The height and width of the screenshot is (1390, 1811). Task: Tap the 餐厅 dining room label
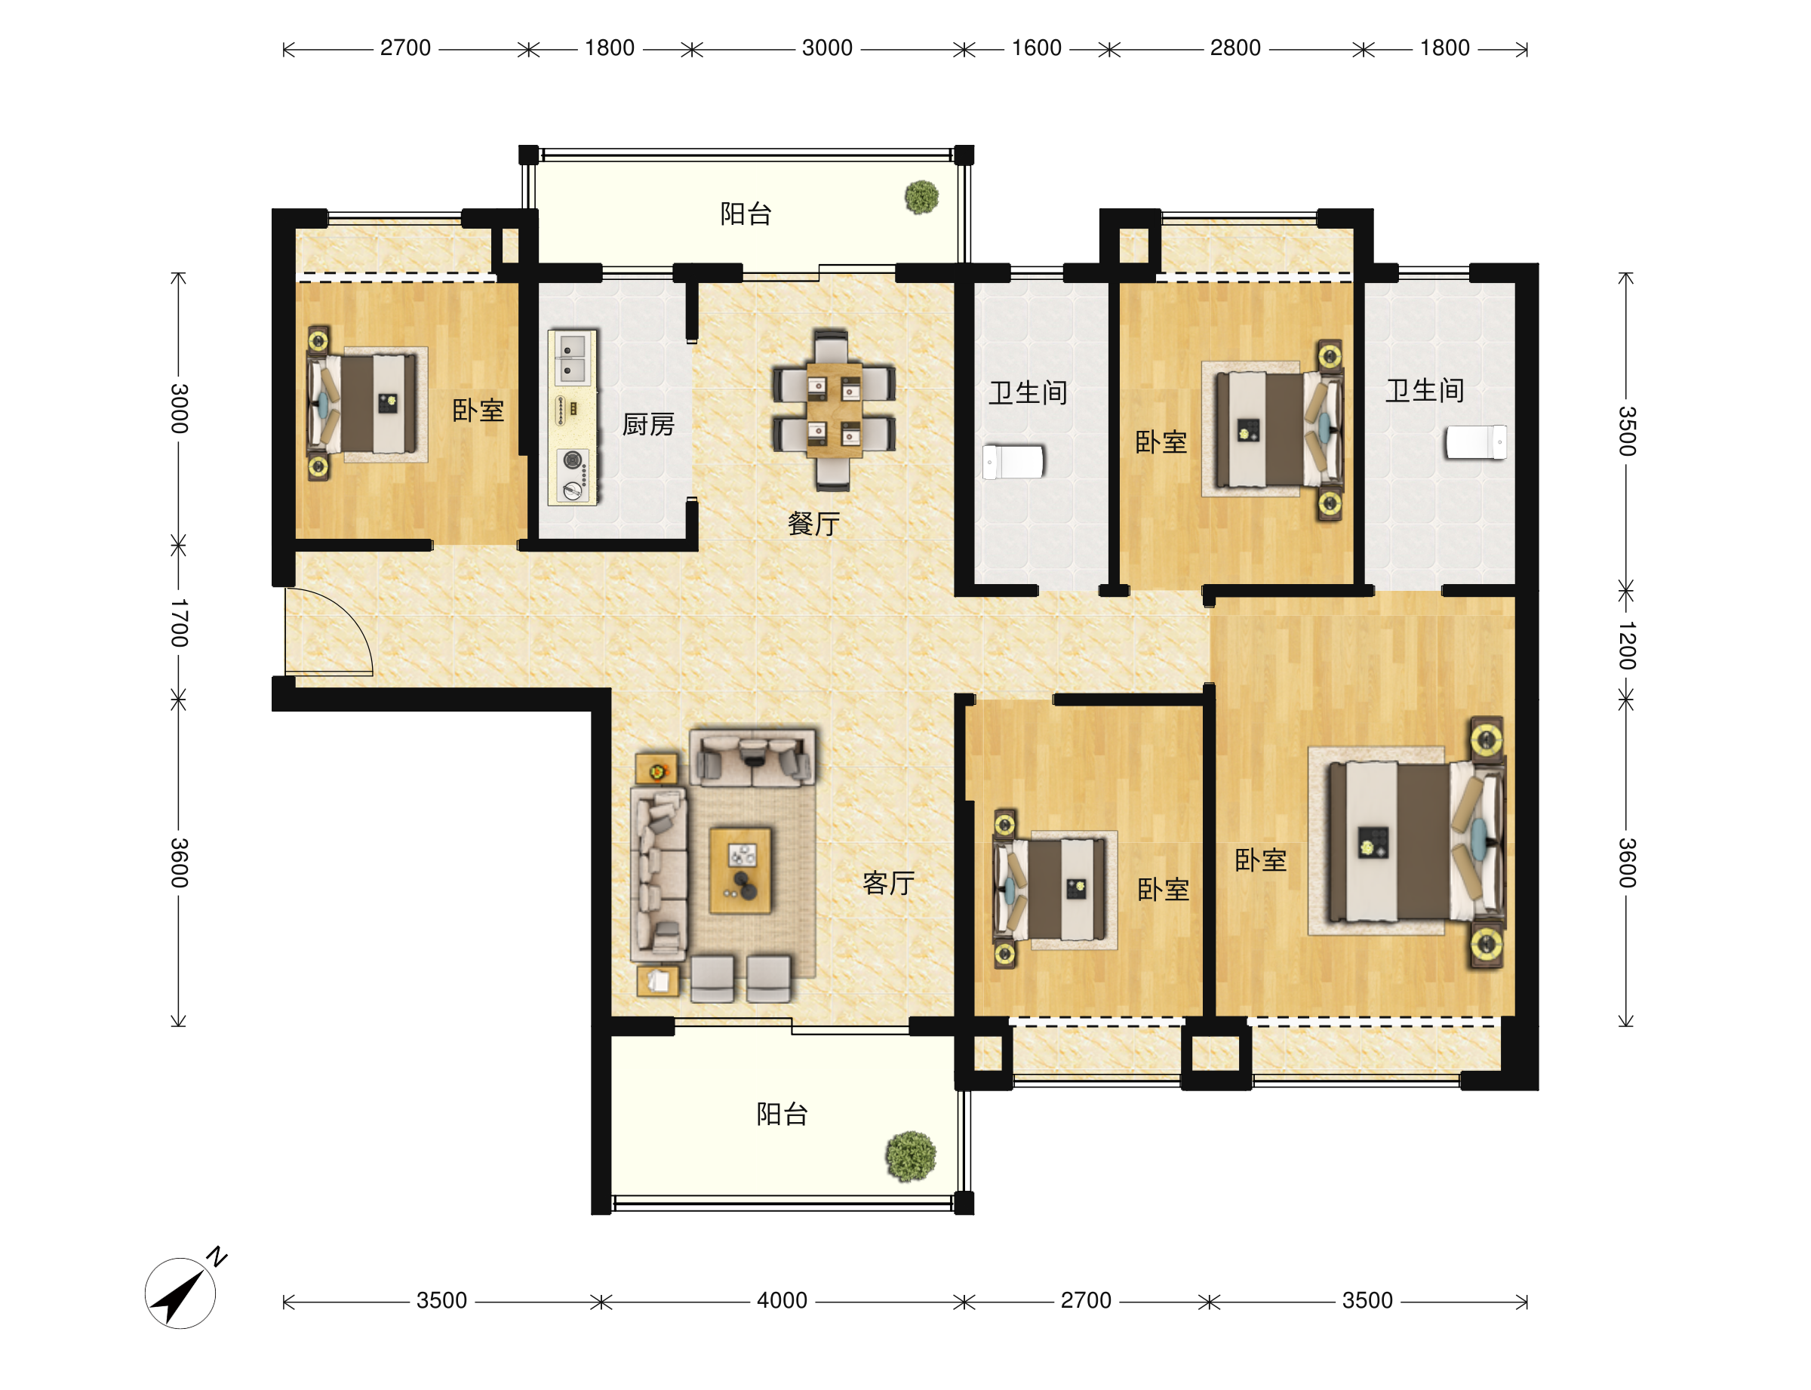pyautogui.click(x=813, y=523)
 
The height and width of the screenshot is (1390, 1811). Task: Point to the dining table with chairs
pyautogui.click(x=833, y=410)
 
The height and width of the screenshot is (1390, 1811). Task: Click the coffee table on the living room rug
pyautogui.click(x=740, y=869)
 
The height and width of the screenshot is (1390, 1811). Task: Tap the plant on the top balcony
pyautogui.click(x=921, y=197)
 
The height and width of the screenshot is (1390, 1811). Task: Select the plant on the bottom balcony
pyautogui.click(x=910, y=1156)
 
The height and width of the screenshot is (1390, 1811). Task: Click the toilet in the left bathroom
pyautogui.click(x=1013, y=462)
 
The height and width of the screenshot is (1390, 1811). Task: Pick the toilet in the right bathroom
pyautogui.click(x=1475, y=441)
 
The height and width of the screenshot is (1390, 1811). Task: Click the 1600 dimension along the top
pyautogui.click(x=1036, y=48)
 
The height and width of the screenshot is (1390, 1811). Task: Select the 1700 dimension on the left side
pyautogui.click(x=179, y=623)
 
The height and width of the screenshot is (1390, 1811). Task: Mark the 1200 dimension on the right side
pyautogui.click(x=1627, y=645)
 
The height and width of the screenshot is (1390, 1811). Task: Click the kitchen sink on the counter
pyautogui.click(x=571, y=358)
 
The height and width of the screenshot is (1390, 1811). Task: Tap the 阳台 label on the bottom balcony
pyautogui.click(x=781, y=1114)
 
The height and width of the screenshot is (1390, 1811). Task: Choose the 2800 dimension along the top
pyautogui.click(x=1234, y=48)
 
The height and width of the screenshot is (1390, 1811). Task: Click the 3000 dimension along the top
pyautogui.click(x=826, y=48)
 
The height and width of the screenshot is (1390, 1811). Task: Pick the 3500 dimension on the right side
pyautogui.click(x=1627, y=431)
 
